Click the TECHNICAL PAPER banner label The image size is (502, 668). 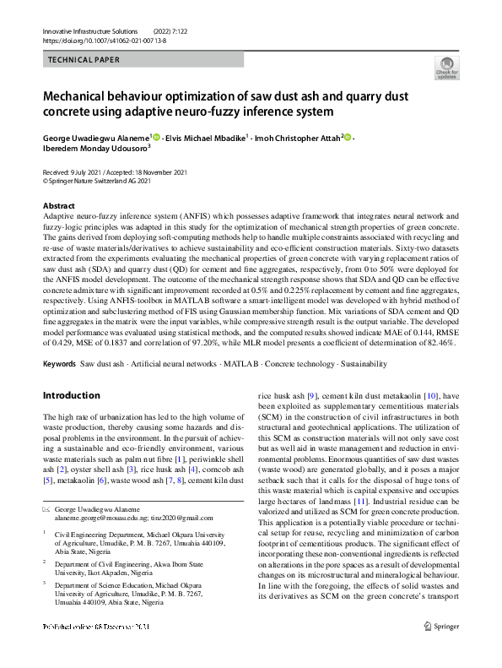(84, 60)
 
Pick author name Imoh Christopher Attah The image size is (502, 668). (295, 137)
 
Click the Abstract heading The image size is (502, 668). (58, 206)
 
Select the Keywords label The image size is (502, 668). (59, 364)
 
